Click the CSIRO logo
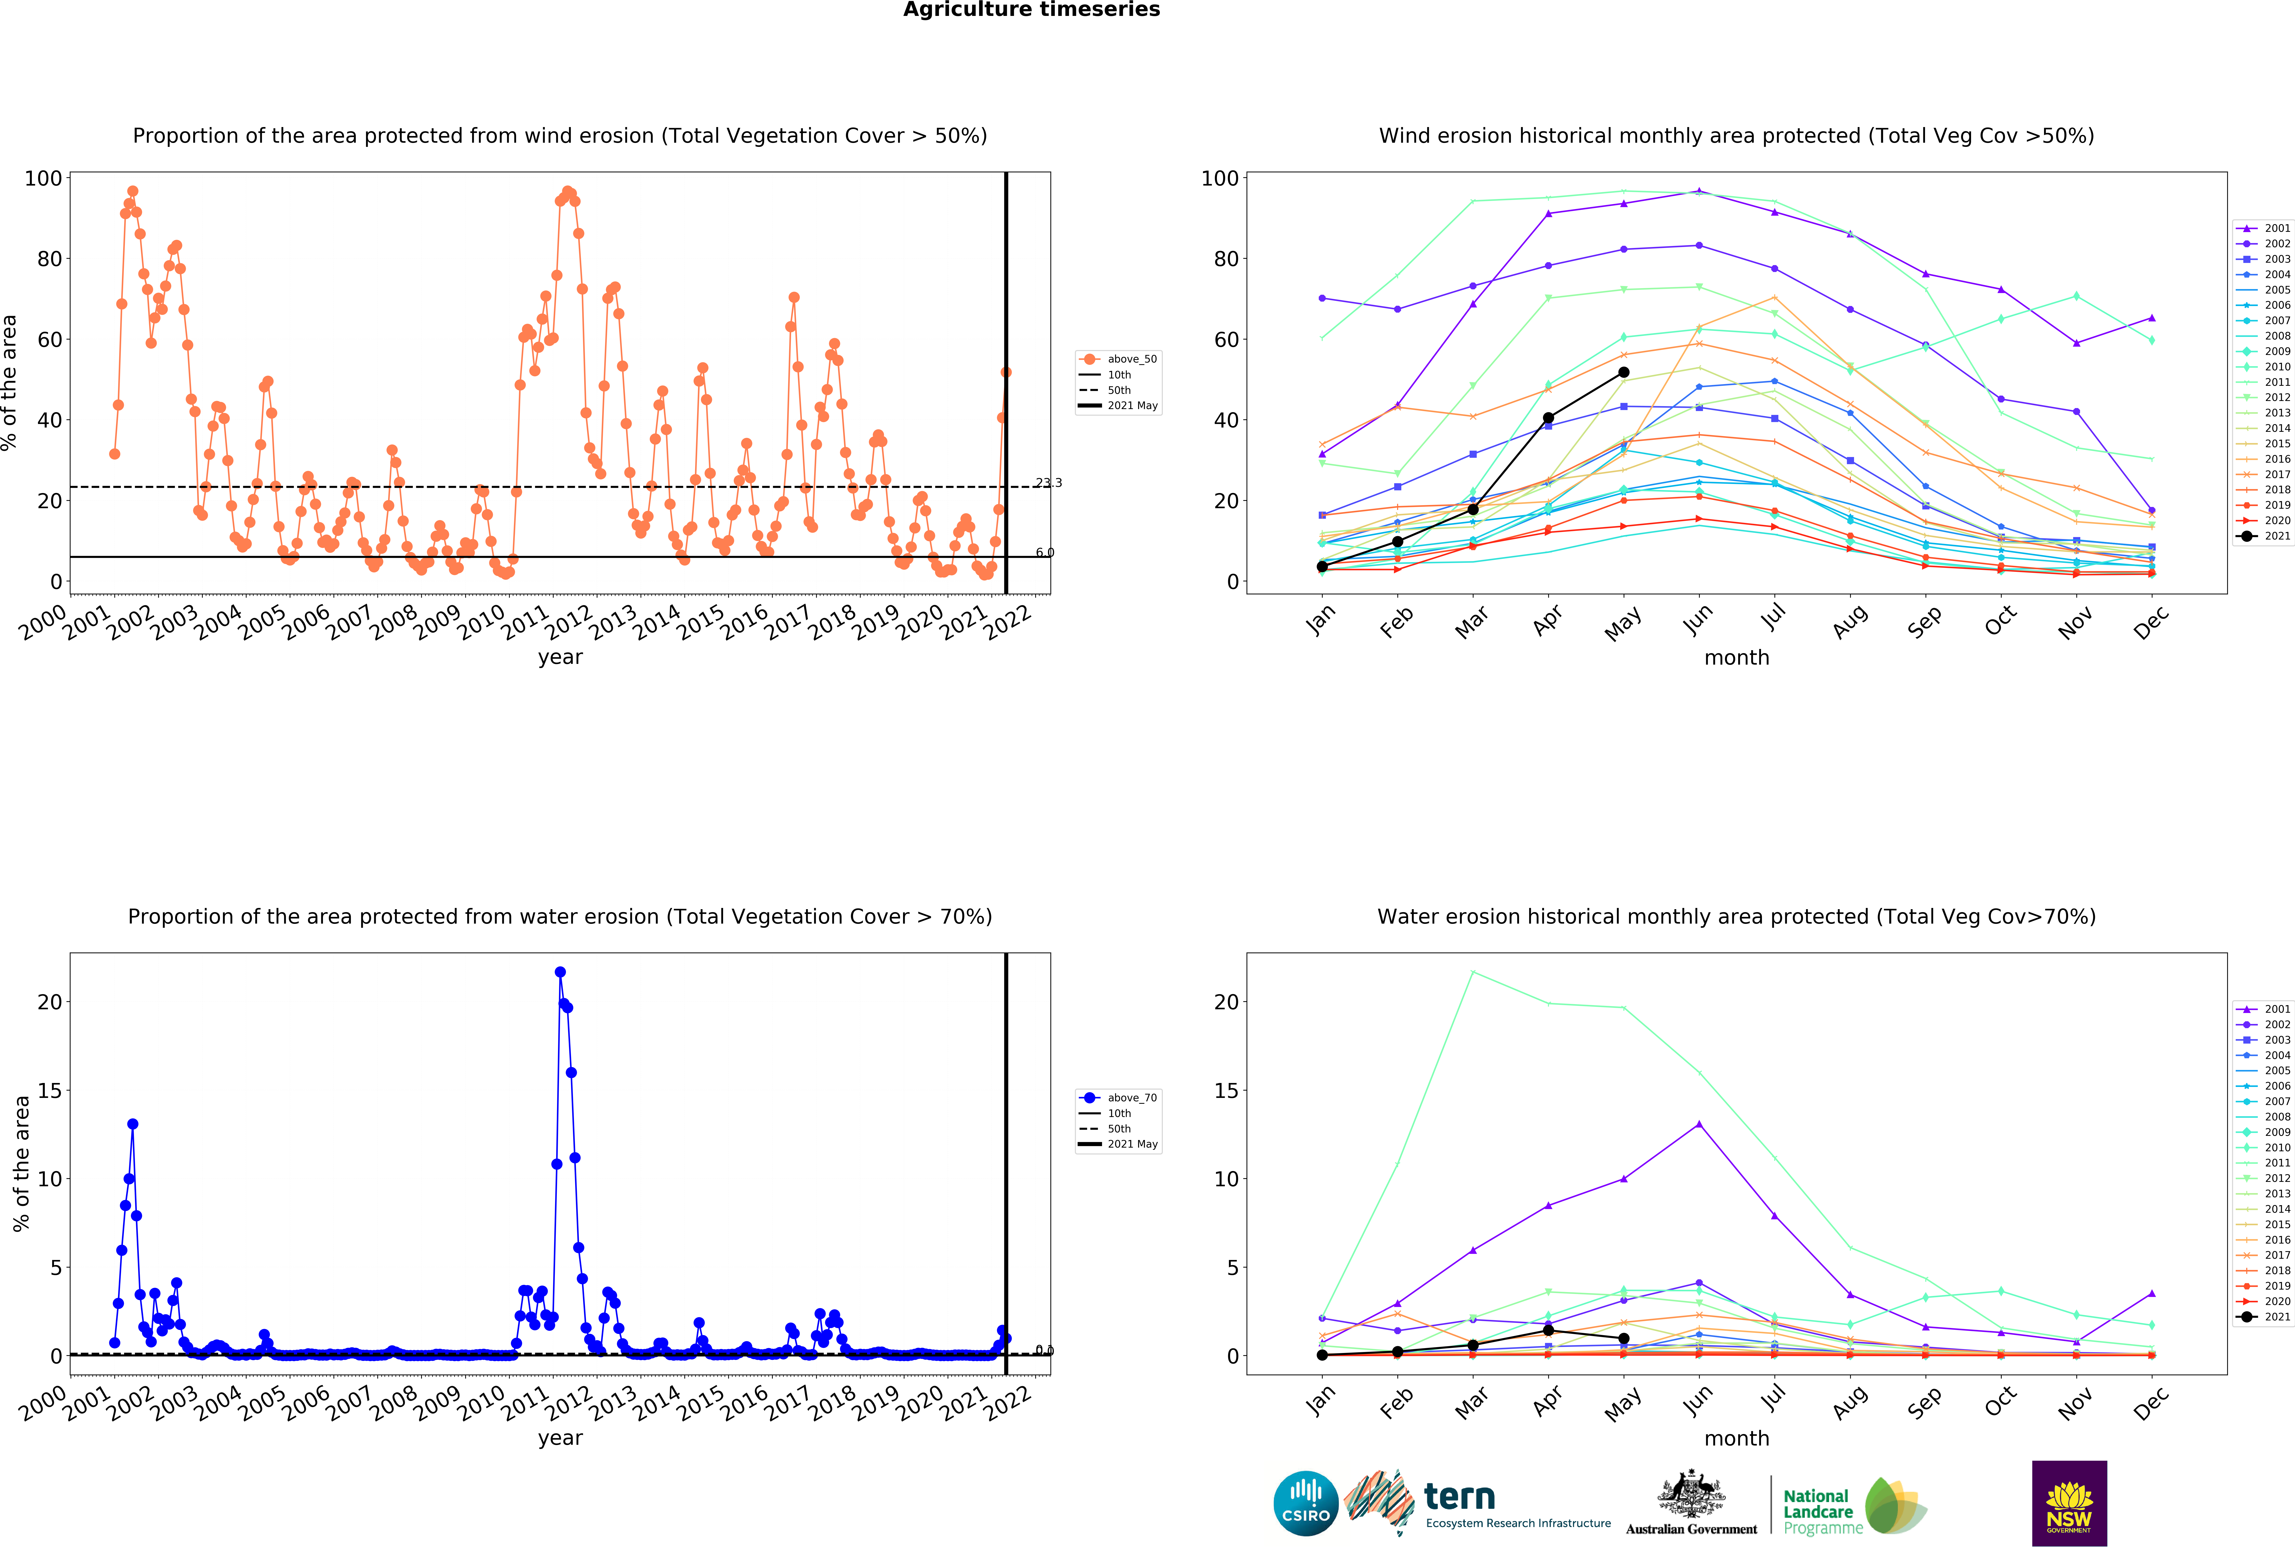(1306, 1503)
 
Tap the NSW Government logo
(2069, 1503)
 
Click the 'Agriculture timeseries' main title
(1031, 10)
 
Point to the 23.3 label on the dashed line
(1049, 483)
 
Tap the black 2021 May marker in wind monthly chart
(1623, 372)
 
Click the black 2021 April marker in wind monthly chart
(1547, 418)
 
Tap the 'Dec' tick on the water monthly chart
(2151, 1402)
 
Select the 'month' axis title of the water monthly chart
(1736, 1439)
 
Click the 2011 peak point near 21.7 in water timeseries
(560, 972)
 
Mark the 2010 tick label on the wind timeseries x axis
(481, 622)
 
